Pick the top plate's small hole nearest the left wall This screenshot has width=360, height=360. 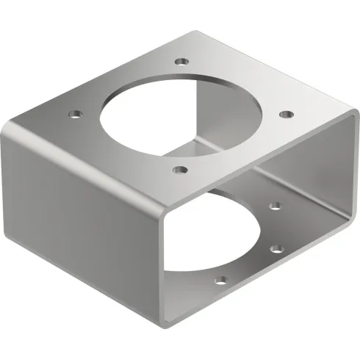[x=73, y=114]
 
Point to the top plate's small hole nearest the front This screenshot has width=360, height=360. [x=179, y=170]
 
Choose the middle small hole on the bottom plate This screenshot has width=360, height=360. [x=276, y=248]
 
